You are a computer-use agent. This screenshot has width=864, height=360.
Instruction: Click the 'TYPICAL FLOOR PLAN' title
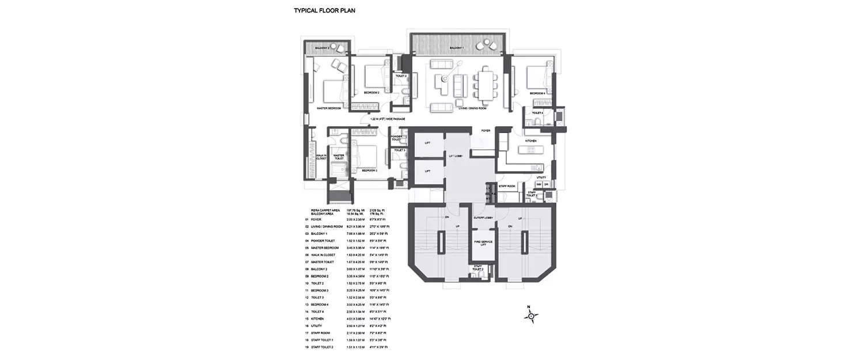click(324, 10)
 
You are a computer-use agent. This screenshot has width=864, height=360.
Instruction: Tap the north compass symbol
click(531, 315)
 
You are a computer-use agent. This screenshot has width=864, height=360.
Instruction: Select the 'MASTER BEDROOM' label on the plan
click(329, 108)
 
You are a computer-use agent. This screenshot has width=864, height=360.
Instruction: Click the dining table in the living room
click(486, 84)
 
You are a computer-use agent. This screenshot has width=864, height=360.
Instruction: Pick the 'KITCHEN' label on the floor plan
click(530, 141)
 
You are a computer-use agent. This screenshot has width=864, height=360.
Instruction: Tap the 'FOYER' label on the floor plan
click(486, 131)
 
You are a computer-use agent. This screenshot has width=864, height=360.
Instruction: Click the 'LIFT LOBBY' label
click(456, 156)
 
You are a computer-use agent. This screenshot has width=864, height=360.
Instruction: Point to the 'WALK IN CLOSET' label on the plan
click(320, 157)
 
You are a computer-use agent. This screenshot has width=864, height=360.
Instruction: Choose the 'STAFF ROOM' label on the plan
click(506, 186)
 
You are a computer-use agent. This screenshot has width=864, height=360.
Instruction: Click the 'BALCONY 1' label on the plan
click(456, 48)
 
